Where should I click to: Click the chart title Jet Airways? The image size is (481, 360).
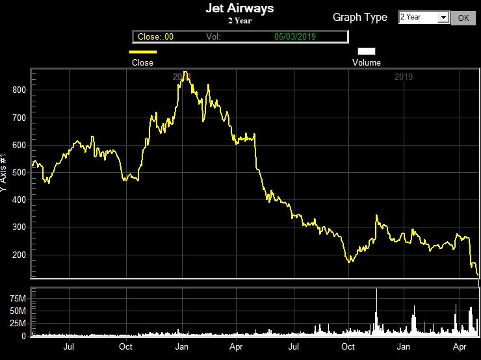239,8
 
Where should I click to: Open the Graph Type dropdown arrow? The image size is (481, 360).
444,18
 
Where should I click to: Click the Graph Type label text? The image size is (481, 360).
359,18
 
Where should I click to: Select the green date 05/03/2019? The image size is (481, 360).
295,37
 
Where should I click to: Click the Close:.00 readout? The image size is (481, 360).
155,37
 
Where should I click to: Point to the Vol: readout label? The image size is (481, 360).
214,37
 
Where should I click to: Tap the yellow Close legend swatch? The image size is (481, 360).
143,51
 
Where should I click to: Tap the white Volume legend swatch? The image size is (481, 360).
367,51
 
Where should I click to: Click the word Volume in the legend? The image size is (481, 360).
367,63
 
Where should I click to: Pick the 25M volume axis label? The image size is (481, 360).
18,324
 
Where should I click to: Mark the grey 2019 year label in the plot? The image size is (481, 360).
404,77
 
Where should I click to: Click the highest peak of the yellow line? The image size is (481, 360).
185,72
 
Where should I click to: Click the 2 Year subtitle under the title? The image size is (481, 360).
239,21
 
